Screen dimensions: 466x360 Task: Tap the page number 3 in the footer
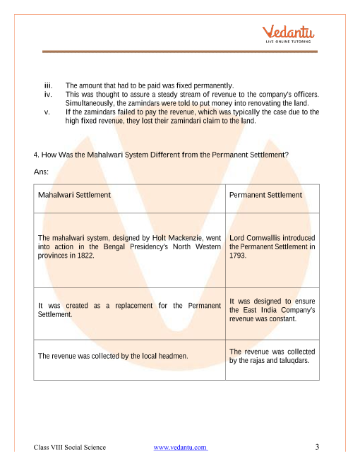[x=318, y=447]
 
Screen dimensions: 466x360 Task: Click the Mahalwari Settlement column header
[x=73, y=195]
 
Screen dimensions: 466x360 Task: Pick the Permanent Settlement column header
[x=265, y=195]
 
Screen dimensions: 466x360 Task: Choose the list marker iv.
[x=48, y=94]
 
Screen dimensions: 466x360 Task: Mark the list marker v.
[x=47, y=112]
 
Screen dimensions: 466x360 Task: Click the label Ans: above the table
[x=40, y=172]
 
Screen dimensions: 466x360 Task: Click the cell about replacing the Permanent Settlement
[x=128, y=310]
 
